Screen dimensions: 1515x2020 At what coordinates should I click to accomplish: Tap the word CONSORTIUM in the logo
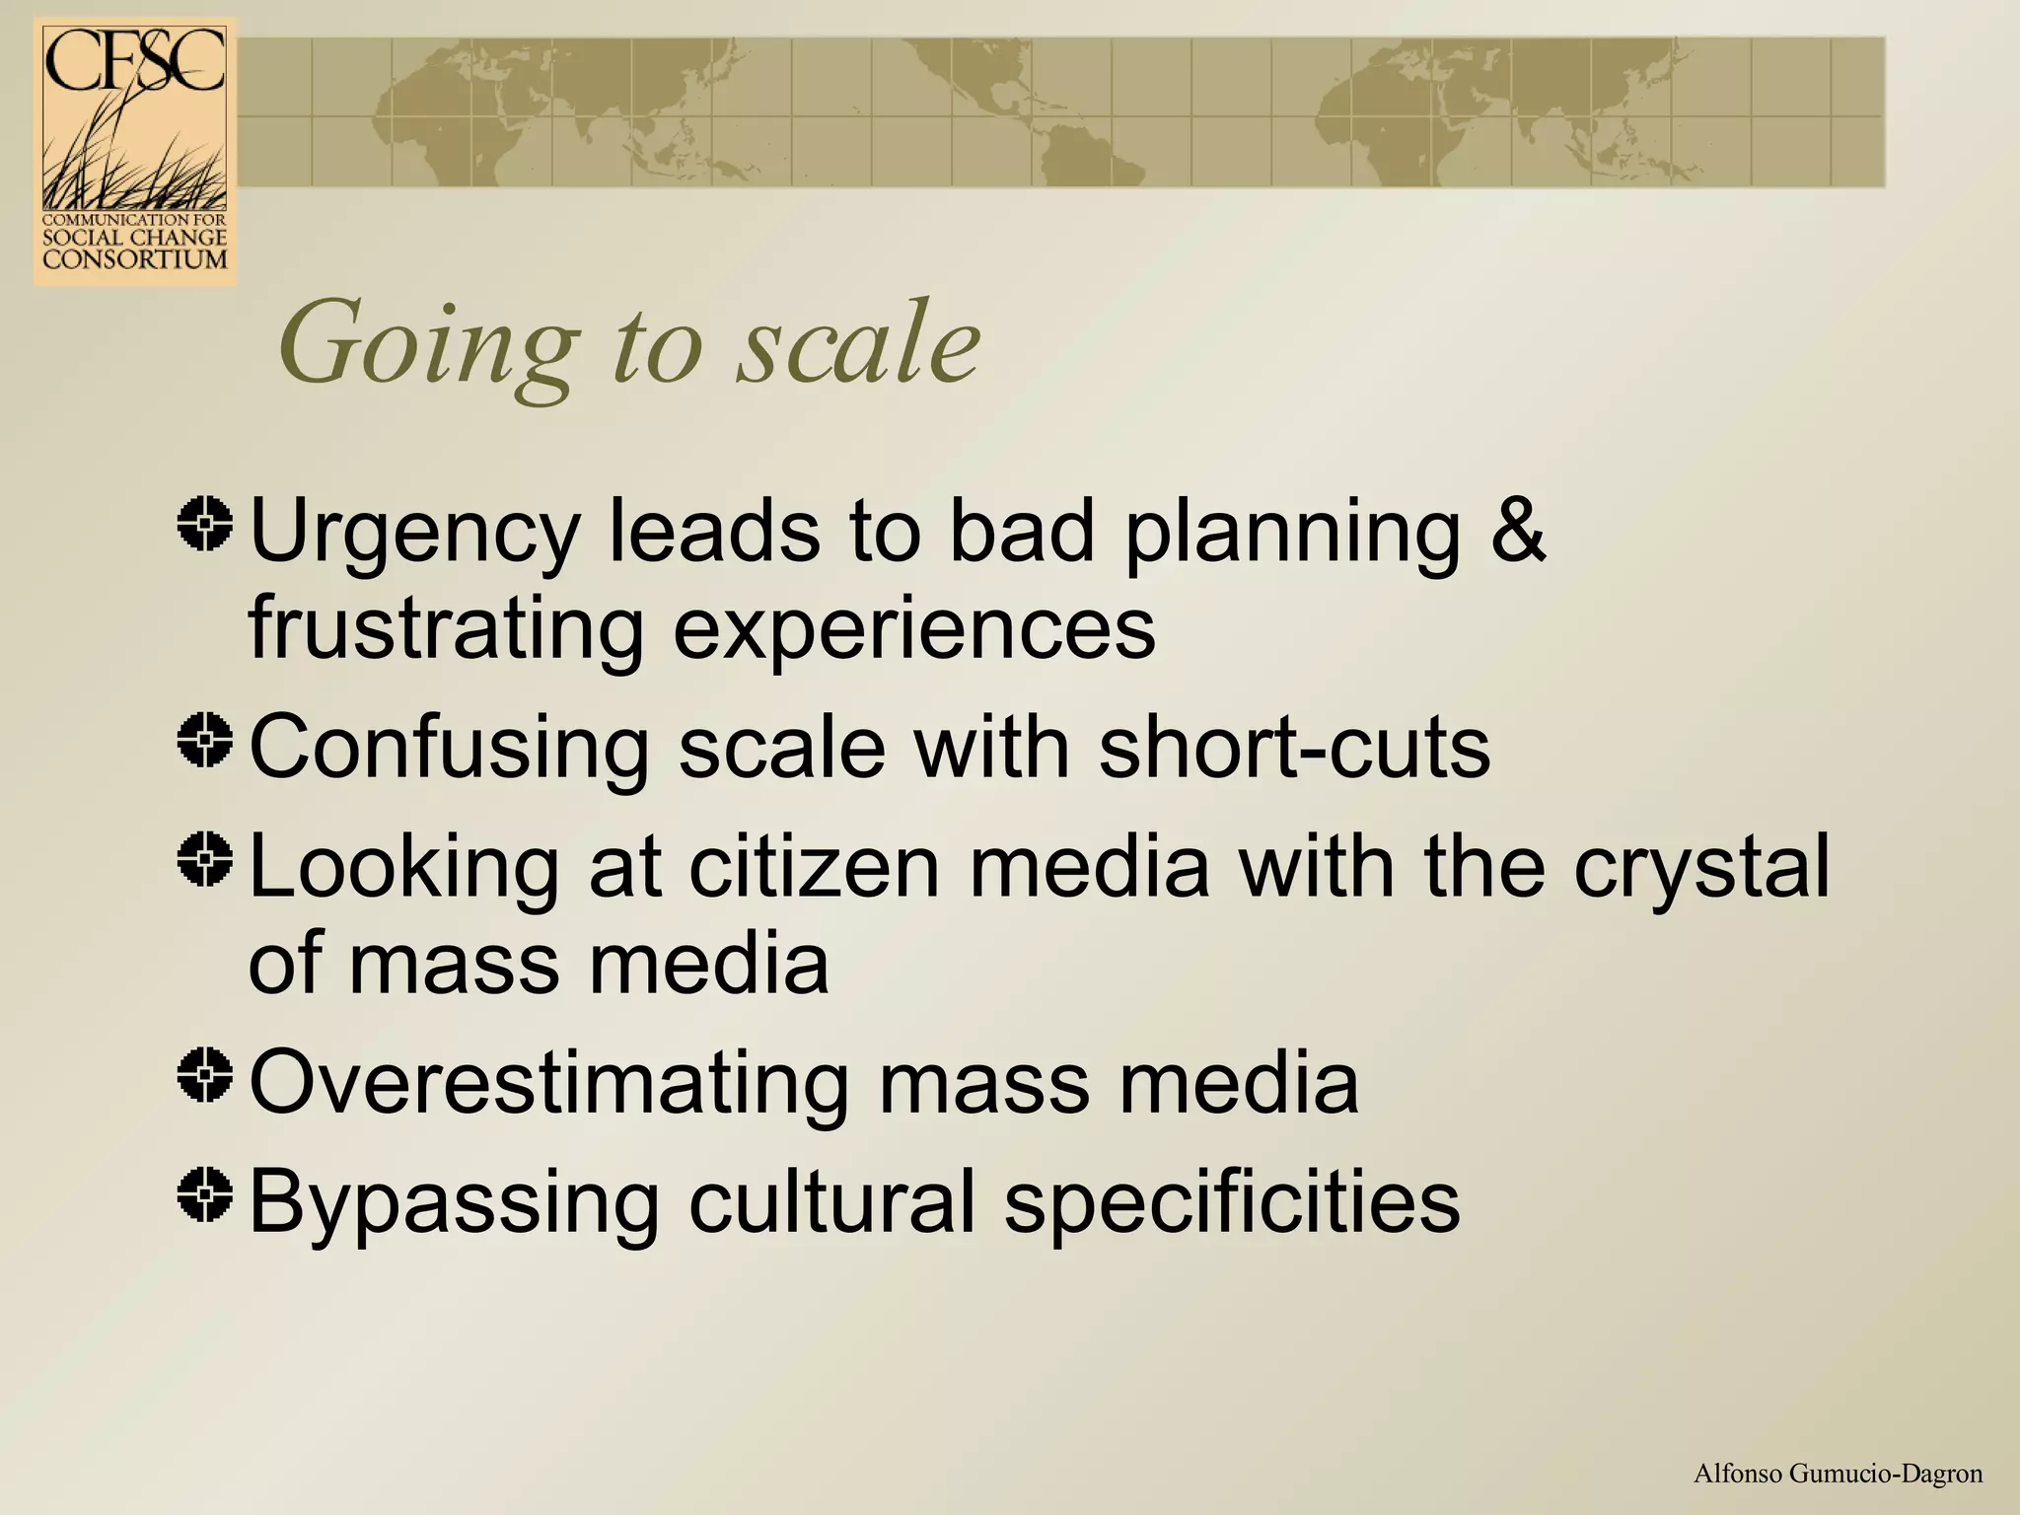pyautogui.click(x=135, y=259)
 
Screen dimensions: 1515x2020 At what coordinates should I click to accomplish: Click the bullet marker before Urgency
pyautogui.click(x=205, y=523)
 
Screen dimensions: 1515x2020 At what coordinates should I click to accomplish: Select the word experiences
pyautogui.click(x=913, y=632)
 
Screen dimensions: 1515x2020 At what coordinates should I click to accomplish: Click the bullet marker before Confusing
pyautogui.click(x=205, y=741)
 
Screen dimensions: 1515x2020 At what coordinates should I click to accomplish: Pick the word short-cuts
pyautogui.click(x=1294, y=748)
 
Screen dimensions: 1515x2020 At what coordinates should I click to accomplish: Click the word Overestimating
pyautogui.click(x=548, y=1083)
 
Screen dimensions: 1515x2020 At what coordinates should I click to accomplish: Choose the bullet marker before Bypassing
pyautogui.click(x=205, y=1194)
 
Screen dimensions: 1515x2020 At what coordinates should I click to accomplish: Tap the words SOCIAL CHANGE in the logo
pyautogui.click(x=135, y=238)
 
